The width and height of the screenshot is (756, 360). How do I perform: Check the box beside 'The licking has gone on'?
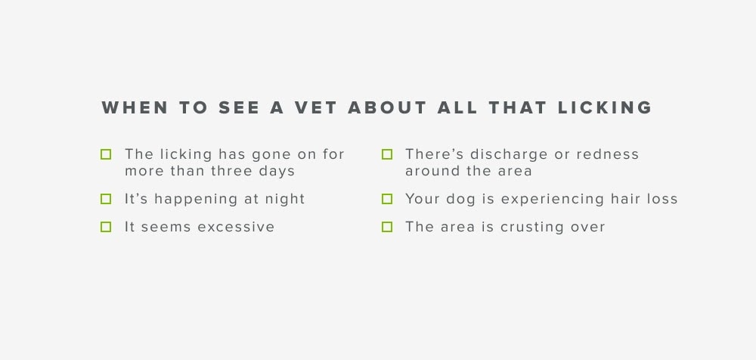coord(106,154)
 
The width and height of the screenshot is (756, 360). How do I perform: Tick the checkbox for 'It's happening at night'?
coord(106,199)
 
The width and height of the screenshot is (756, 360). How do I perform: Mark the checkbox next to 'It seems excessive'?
coord(106,227)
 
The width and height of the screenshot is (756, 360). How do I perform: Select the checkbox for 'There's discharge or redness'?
coord(386,154)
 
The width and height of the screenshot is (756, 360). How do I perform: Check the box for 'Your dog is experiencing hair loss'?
coord(386,199)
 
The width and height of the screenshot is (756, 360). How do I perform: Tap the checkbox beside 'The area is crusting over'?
coord(386,227)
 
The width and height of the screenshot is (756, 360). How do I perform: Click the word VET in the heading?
coord(315,107)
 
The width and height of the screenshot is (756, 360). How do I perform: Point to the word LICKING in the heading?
coord(605,107)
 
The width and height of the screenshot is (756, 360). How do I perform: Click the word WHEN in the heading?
coord(135,107)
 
